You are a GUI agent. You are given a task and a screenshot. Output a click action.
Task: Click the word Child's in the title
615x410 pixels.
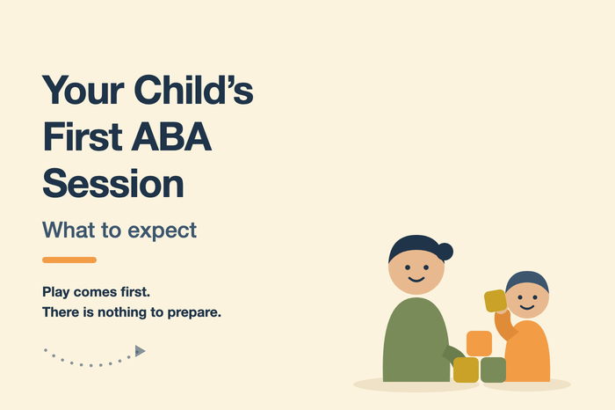pos(194,90)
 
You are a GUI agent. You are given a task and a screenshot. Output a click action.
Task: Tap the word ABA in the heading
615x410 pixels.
pos(171,136)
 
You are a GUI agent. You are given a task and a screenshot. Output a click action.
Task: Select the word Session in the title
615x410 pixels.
pos(113,183)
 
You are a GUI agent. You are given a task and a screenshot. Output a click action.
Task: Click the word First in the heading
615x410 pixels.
pos(83,136)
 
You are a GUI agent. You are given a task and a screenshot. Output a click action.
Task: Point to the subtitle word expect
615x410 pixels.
pos(162,231)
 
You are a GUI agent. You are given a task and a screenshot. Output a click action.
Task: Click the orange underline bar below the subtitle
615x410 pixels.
pos(69,260)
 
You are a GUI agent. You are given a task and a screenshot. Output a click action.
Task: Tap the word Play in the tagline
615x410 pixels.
pos(55,293)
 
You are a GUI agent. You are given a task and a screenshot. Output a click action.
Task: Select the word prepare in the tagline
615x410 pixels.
pos(194,313)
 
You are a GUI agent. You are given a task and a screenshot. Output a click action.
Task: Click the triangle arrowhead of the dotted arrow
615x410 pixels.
pos(140,351)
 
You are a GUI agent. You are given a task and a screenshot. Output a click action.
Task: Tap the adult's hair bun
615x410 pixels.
pos(445,252)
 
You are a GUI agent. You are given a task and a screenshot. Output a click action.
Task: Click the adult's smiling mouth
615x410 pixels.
pos(416,279)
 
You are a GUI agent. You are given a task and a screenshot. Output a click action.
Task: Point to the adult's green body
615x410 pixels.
pos(416,340)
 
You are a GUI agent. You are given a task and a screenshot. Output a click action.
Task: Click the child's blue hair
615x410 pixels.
pos(527,280)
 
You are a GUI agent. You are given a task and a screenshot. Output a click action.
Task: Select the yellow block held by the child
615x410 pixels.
pos(496,301)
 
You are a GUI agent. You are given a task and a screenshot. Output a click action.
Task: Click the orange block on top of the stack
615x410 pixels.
pos(480,344)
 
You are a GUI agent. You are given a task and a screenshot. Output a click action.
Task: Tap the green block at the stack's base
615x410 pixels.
pos(493,370)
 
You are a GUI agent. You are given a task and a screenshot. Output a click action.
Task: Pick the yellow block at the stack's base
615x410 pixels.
pos(466,370)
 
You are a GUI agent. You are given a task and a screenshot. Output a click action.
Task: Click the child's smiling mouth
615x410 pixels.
pos(527,307)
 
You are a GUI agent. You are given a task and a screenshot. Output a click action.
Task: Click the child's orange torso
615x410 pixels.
pos(528,352)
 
